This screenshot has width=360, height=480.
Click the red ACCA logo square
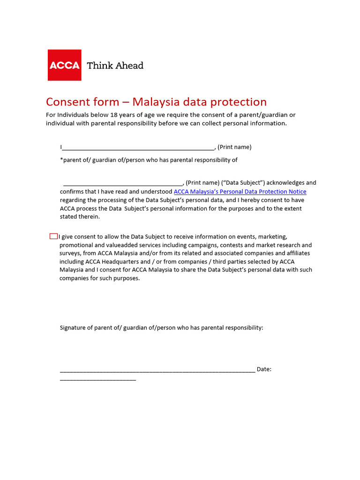coord(65,65)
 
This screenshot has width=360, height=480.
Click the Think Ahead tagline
coord(115,65)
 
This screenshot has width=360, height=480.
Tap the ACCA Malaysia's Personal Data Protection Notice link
coord(240,192)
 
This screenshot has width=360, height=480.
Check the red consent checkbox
coord(53,236)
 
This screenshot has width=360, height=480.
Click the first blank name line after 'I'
coord(138,148)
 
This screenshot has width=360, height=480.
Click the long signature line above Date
coord(157,370)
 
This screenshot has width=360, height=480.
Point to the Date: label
coord(264,369)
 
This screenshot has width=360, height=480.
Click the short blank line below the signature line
coord(98,379)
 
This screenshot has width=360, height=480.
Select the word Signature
coord(74,328)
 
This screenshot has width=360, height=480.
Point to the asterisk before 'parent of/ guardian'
coord(61,159)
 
